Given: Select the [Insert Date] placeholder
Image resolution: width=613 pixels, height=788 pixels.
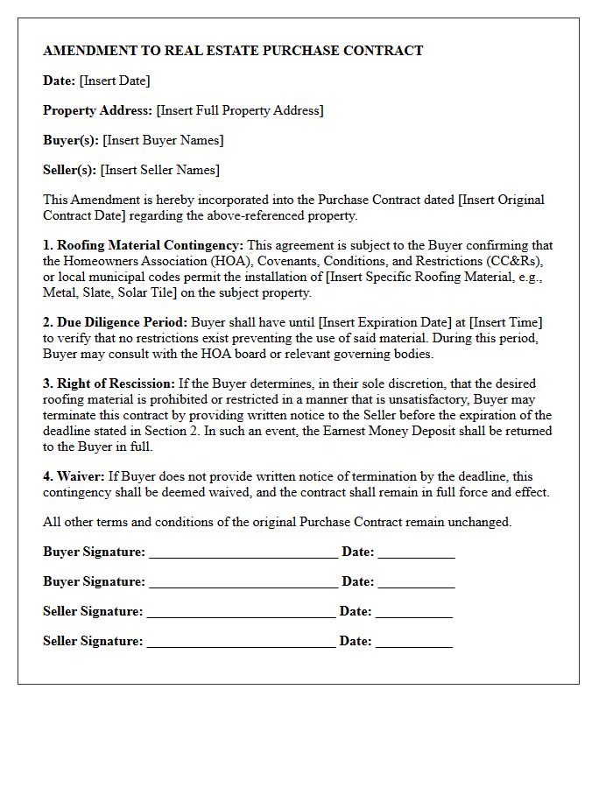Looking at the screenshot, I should pos(115,81).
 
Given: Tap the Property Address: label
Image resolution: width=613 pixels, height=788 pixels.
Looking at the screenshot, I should pos(97,110).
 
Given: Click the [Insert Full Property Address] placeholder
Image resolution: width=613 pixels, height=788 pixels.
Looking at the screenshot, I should pos(240,110).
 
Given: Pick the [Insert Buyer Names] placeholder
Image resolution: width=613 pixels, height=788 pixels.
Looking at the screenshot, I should pos(163,140).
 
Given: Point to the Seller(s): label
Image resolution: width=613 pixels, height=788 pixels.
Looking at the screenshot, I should pos(70,170).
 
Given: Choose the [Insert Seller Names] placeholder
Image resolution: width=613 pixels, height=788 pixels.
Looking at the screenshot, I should pos(160,170).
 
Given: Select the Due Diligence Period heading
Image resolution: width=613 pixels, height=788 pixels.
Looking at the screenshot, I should pos(122,322).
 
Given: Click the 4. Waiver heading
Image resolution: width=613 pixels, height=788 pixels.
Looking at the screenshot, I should pos(74,476).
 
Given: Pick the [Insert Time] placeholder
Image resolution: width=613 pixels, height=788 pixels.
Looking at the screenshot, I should pos(506,322).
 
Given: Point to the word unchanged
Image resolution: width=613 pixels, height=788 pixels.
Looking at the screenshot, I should pos(481,522).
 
